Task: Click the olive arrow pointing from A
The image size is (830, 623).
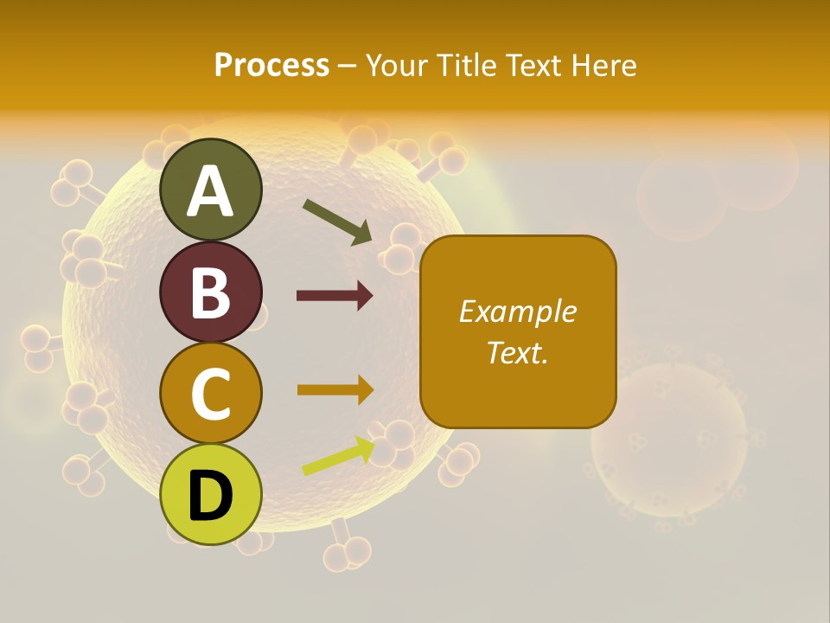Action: [336, 222]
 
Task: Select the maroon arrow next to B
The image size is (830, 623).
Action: [335, 296]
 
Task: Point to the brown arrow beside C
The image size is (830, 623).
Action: [335, 390]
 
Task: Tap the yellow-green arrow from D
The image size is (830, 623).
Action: [338, 456]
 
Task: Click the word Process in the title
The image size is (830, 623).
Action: [271, 65]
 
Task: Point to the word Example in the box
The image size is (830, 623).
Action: [517, 311]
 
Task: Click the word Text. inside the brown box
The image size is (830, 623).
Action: [517, 352]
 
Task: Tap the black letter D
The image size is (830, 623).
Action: [211, 497]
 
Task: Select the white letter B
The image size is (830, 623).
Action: [211, 292]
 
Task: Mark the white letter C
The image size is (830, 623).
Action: [211, 394]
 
